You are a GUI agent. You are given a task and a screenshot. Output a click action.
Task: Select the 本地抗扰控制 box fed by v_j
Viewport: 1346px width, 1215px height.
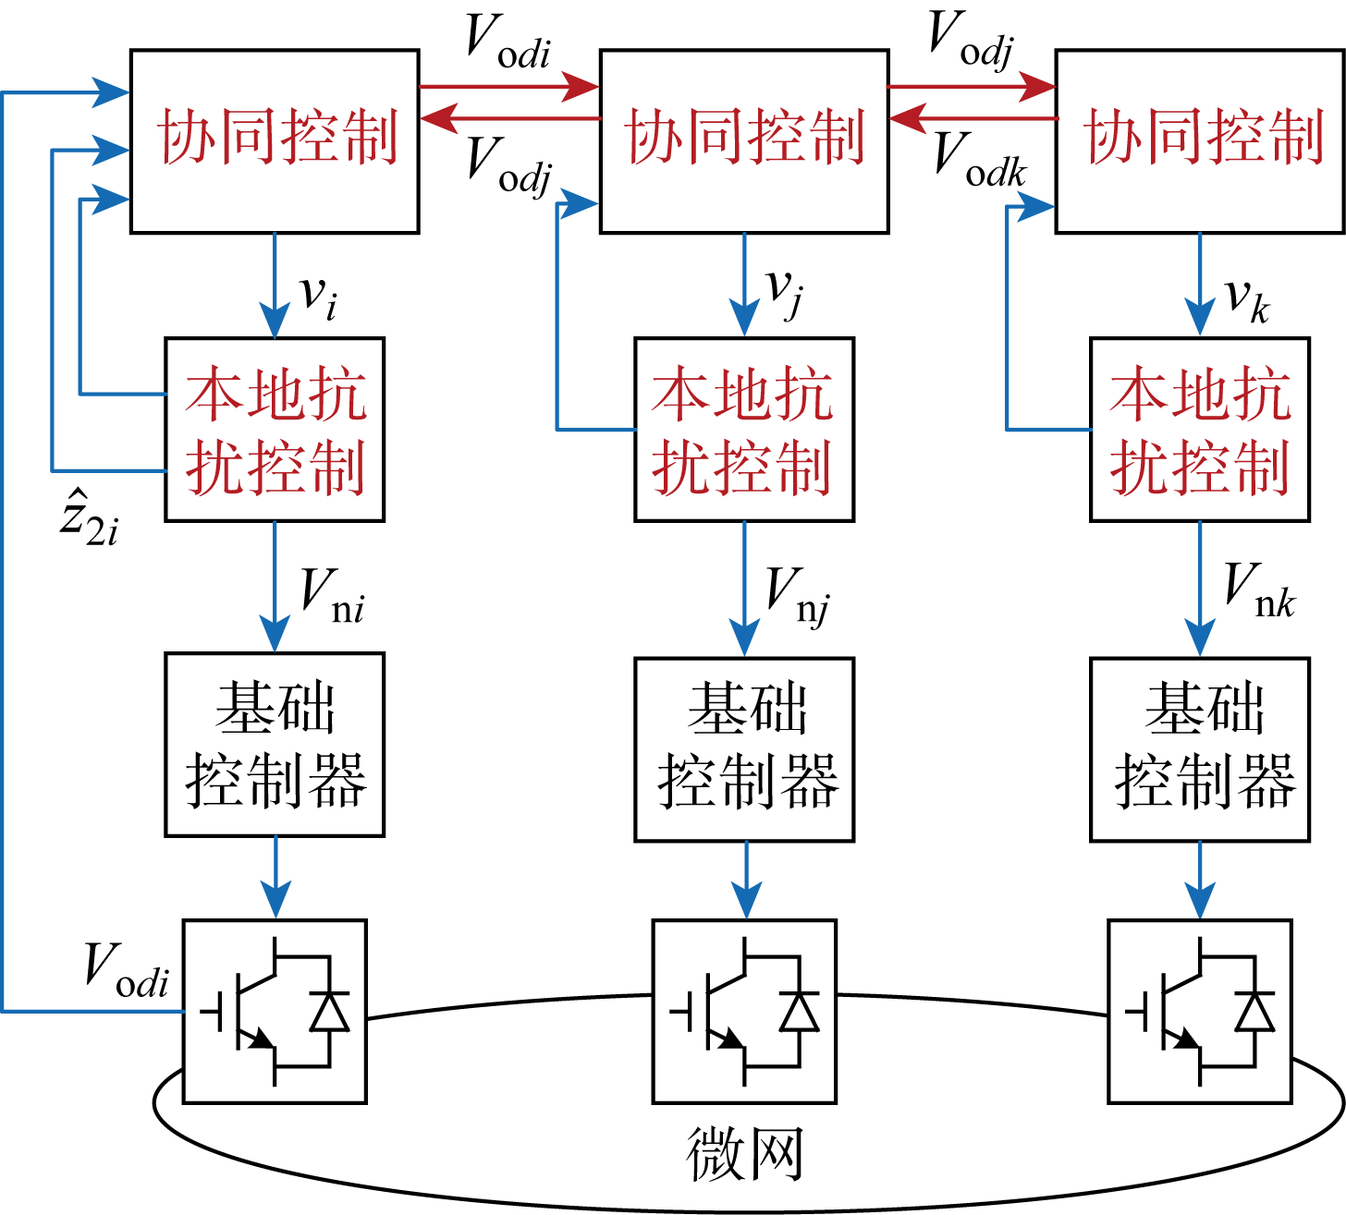pyautogui.click(x=744, y=430)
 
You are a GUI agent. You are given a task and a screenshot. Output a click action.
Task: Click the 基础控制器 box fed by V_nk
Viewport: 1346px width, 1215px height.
pyautogui.click(x=1200, y=748)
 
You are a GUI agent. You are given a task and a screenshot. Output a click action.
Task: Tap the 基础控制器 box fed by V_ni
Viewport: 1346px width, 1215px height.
pyautogui.click(x=275, y=745)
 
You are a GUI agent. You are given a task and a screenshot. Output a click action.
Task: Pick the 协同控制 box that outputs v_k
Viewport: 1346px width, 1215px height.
pyautogui.click(x=1200, y=141)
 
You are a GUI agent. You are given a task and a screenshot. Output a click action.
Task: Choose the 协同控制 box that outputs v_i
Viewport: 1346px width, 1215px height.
pyautogui.click(x=275, y=141)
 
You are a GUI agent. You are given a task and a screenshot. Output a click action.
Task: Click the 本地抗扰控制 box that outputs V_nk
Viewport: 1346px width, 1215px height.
pyautogui.click(x=1200, y=430)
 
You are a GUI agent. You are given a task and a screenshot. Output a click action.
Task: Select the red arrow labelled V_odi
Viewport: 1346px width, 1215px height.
pyautogui.click(x=509, y=87)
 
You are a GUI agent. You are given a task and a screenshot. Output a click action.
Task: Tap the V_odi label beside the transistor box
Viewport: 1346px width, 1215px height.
pyautogui.click(x=127, y=970)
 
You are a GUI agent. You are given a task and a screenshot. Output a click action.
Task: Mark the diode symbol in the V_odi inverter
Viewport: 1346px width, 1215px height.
pyautogui.click(x=330, y=1011)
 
